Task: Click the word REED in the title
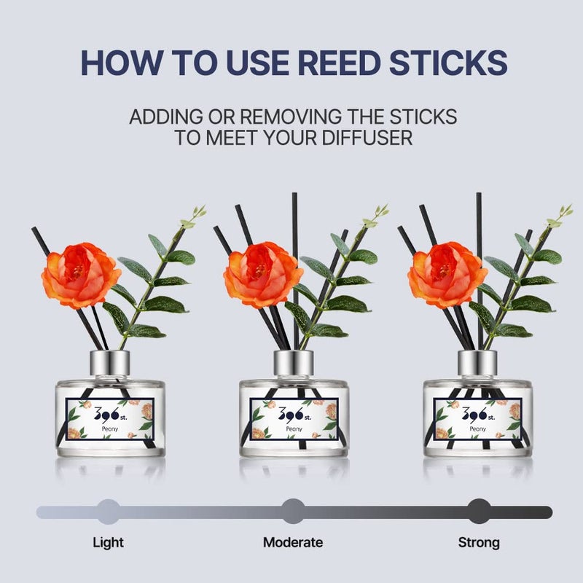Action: (x=339, y=62)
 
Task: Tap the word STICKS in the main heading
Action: (x=448, y=62)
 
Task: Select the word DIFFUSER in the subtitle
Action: (x=367, y=138)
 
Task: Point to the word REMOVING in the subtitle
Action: (x=290, y=117)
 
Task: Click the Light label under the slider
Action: (x=108, y=542)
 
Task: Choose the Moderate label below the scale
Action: (x=293, y=542)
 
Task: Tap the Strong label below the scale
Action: (x=479, y=542)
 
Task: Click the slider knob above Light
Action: (x=108, y=512)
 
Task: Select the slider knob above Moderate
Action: (x=293, y=512)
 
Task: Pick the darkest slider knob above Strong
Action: (x=479, y=512)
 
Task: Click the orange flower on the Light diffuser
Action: (x=81, y=275)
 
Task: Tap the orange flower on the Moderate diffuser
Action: (x=263, y=275)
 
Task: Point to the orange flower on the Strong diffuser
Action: (x=447, y=275)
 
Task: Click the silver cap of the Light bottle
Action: (x=110, y=363)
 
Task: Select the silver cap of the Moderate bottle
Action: (x=294, y=363)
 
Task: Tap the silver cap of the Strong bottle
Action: (x=477, y=363)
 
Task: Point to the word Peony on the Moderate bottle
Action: (x=294, y=429)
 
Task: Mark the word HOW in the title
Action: (x=122, y=62)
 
